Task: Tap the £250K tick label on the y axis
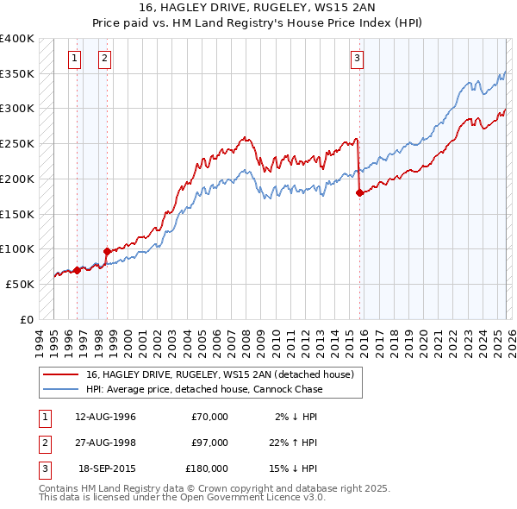coord(17,144)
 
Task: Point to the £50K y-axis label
coord(20,284)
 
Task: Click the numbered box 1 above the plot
coord(75,59)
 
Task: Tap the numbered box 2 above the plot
coord(104,59)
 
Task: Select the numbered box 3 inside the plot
coord(356,59)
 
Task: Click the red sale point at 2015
coord(358,193)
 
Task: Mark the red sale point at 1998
coord(107,251)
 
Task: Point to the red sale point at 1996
coord(77,270)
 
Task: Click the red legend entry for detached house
coord(220,375)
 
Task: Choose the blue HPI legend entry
coord(204,389)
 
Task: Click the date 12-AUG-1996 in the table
coord(106,417)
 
